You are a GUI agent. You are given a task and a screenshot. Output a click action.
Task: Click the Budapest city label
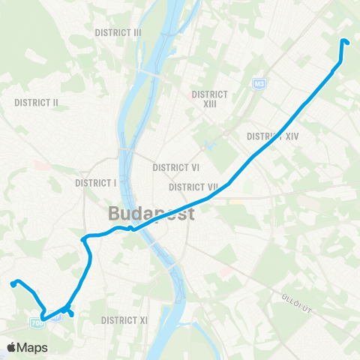151,214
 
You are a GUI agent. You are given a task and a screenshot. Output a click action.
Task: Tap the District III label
118,33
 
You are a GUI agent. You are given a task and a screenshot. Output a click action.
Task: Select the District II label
37,102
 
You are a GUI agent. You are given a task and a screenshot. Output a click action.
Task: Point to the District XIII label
209,99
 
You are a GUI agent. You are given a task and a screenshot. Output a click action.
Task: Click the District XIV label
273,136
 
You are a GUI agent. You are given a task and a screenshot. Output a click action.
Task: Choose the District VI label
175,168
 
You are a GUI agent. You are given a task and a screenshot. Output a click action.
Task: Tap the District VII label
193,187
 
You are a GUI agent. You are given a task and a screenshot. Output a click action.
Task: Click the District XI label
124,320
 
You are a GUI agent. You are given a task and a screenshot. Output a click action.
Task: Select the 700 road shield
37,322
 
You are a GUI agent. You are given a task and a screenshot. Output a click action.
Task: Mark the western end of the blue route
12,283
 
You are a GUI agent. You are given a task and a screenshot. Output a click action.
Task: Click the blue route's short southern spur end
71,314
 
